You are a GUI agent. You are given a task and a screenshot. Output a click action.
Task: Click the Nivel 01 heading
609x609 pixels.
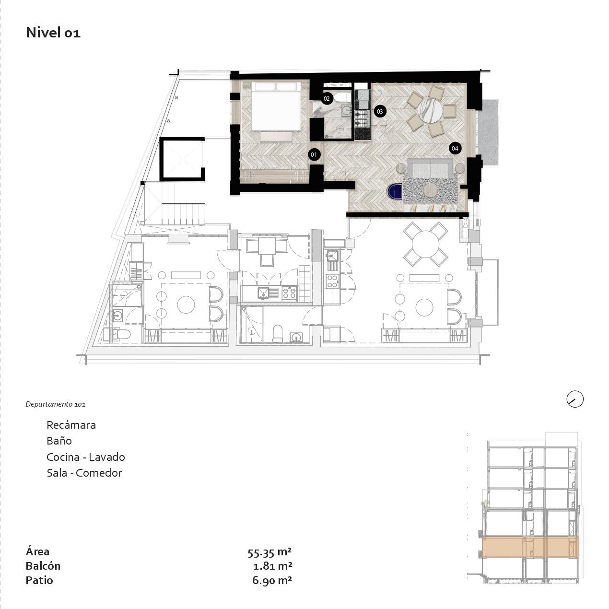coord(53,33)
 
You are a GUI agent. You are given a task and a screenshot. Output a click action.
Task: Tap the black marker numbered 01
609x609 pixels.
coord(314,154)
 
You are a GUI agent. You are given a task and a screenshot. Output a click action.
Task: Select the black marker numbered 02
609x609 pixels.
coord(327,99)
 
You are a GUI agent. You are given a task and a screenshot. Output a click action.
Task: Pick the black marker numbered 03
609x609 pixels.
coord(380,111)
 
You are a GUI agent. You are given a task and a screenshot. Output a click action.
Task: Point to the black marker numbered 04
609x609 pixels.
coord(455,149)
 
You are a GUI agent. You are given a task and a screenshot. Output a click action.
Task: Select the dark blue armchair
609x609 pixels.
coord(395,191)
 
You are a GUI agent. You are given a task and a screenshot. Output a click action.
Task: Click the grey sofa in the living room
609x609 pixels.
coord(430,168)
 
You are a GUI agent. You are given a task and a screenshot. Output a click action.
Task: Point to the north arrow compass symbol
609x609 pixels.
coord(575,399)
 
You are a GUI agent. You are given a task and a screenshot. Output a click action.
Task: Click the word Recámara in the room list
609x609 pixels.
coord(71,425)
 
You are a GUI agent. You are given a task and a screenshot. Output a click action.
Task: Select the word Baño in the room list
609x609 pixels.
coord(59,441)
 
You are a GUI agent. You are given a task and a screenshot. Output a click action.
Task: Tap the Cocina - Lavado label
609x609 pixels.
coord(86,457)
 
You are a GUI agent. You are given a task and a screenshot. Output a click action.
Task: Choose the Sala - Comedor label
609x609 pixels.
coord(84,473)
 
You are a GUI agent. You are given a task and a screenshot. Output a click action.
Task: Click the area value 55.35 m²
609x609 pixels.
coord(269,552)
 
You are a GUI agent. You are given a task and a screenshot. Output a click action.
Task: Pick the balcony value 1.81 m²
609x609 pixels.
coord(272,566)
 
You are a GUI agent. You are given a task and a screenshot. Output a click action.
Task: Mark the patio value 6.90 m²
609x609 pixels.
coord(272,580)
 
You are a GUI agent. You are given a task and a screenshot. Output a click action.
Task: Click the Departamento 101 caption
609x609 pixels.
coord(56,404)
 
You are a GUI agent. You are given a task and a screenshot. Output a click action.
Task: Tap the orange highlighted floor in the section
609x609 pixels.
coord(530,547)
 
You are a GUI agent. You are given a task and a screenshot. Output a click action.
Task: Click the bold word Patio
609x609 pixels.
coord(39,581)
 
